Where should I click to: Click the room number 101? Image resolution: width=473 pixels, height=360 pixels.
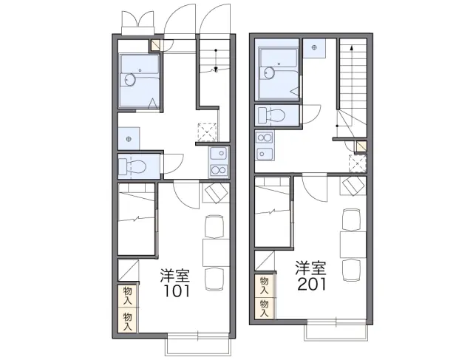coord(177,291)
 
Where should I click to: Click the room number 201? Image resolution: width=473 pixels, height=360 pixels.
coord(312,284)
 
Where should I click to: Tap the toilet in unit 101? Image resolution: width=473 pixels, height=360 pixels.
coord(133,166)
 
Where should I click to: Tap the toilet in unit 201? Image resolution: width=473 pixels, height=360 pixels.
coord(271,115)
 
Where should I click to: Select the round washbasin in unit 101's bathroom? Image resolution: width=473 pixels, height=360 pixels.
coord(130,80)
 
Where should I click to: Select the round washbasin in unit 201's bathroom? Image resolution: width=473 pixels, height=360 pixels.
coord(269,72)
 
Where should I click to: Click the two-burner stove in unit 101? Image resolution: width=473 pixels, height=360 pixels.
coord(219,170)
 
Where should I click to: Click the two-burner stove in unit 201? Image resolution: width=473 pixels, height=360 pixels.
coord(265,138)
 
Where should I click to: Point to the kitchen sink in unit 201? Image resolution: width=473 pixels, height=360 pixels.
coord(265,154)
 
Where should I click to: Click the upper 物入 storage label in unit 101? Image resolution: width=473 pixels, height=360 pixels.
coord(128,296)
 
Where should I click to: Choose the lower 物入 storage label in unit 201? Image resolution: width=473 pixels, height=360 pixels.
coord(265,308)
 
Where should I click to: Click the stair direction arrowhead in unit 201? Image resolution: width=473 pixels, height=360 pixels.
coord(352,47)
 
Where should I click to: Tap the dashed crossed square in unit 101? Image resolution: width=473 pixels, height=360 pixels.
coord(207,132)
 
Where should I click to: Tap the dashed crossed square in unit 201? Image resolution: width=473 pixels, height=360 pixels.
coord(358,163)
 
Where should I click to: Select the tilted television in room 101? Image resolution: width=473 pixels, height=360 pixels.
coord(217,193)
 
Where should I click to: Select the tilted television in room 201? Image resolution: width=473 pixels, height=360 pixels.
coord(353,186)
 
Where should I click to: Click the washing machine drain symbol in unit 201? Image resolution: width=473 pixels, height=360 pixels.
coord(315,47)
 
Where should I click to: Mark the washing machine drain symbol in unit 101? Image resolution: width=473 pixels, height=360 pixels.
coord(129,139)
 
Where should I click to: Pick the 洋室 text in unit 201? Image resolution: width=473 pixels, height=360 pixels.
coord(310,268)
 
